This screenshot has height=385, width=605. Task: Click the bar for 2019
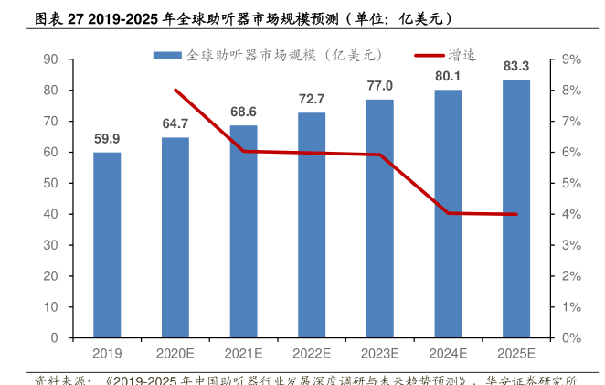click(107, 245)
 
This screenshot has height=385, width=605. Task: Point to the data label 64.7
click(175, 123)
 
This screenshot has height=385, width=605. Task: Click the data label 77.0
click(380, 85)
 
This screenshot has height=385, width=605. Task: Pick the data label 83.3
click(516, 65)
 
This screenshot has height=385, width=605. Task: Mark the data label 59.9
click(107, 138)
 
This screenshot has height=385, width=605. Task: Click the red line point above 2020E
click(175, 90)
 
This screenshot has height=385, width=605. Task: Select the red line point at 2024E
click(448, 213)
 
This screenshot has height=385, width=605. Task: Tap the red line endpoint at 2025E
click(516, 214)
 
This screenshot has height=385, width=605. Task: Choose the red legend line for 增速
click(429, 55)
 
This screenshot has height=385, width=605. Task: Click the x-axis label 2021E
click(243, 353)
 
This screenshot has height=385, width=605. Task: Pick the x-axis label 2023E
click(380, 353)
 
